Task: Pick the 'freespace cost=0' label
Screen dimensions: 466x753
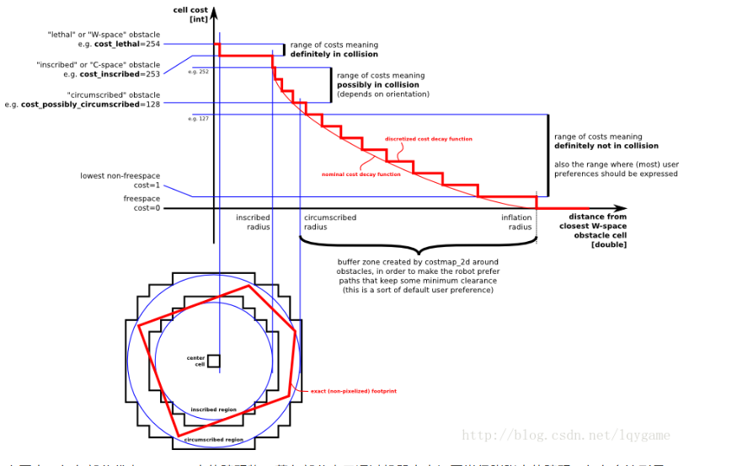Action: coord(146,203)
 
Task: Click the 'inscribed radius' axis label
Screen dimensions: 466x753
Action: coord(253,222)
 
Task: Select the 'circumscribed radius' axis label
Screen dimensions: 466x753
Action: coord(329,222)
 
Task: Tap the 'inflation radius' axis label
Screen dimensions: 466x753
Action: coord(516,222)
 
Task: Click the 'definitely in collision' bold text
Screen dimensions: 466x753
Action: coord(334,54)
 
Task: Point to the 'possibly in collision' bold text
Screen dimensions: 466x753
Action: coord(378,84)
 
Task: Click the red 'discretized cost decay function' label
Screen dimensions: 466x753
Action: coord(428,139)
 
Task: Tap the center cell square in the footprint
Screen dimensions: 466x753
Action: coord(213,361)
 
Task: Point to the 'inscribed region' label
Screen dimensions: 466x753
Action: coord(213,410)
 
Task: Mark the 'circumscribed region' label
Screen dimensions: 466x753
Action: coord(213,439)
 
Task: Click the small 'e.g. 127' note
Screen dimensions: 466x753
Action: coord(198,119)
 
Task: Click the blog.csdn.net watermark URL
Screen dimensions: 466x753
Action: coord(566,435)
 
